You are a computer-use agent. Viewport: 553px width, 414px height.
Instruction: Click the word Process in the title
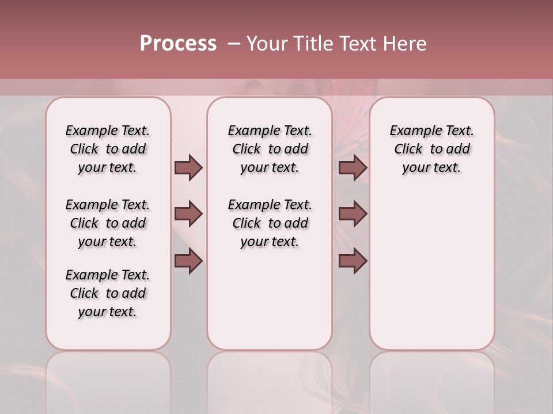click(178, 44)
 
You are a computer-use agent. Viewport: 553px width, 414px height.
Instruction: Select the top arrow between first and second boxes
click(188, 167)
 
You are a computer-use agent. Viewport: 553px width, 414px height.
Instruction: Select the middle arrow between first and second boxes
click(188, 214)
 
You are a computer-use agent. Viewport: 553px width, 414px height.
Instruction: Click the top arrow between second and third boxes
click(353, 167)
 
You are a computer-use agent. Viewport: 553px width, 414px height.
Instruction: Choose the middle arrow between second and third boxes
click(353, 214)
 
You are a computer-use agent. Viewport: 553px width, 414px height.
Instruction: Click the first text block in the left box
click(108, 149)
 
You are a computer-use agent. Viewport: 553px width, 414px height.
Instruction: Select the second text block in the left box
click(108, 223)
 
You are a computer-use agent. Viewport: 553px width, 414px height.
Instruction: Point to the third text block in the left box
click(108, 293)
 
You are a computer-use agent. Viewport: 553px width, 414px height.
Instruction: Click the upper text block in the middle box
click(270, 149)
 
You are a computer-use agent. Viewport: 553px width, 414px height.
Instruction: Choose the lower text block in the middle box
click(270, 223)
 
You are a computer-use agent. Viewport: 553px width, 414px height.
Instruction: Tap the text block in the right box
click(431, 149)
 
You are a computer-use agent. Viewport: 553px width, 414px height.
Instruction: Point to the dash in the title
click(233, 44)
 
